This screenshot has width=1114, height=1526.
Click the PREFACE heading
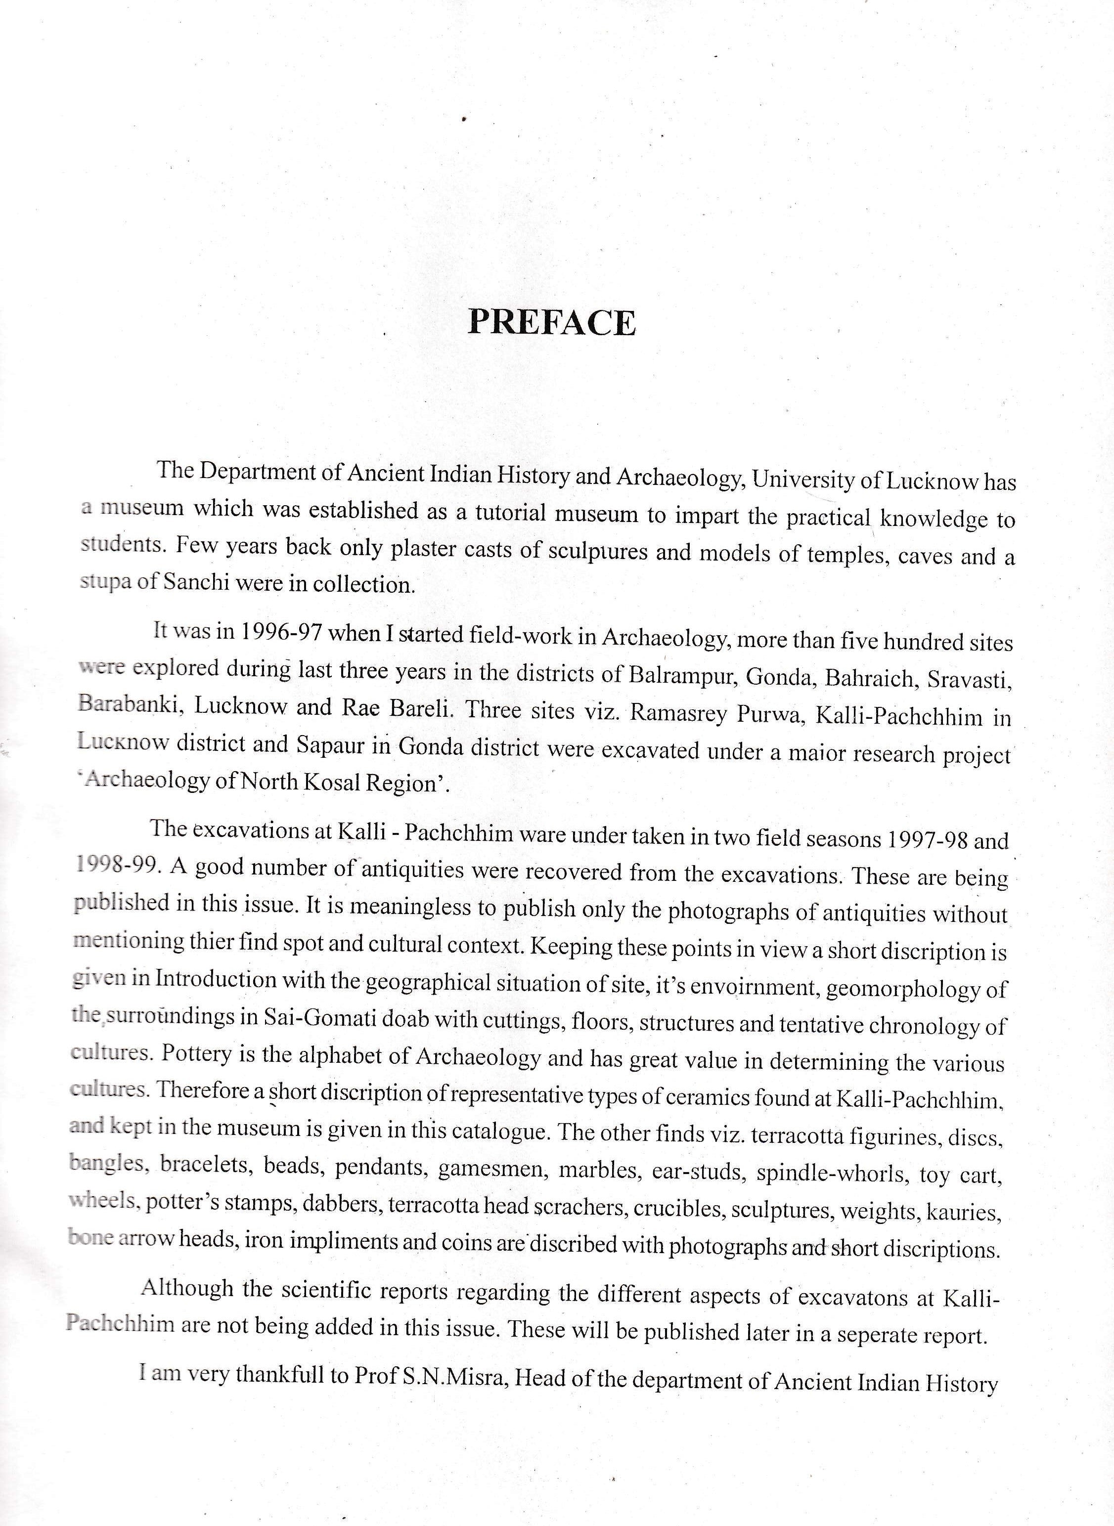coord(552,323)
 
